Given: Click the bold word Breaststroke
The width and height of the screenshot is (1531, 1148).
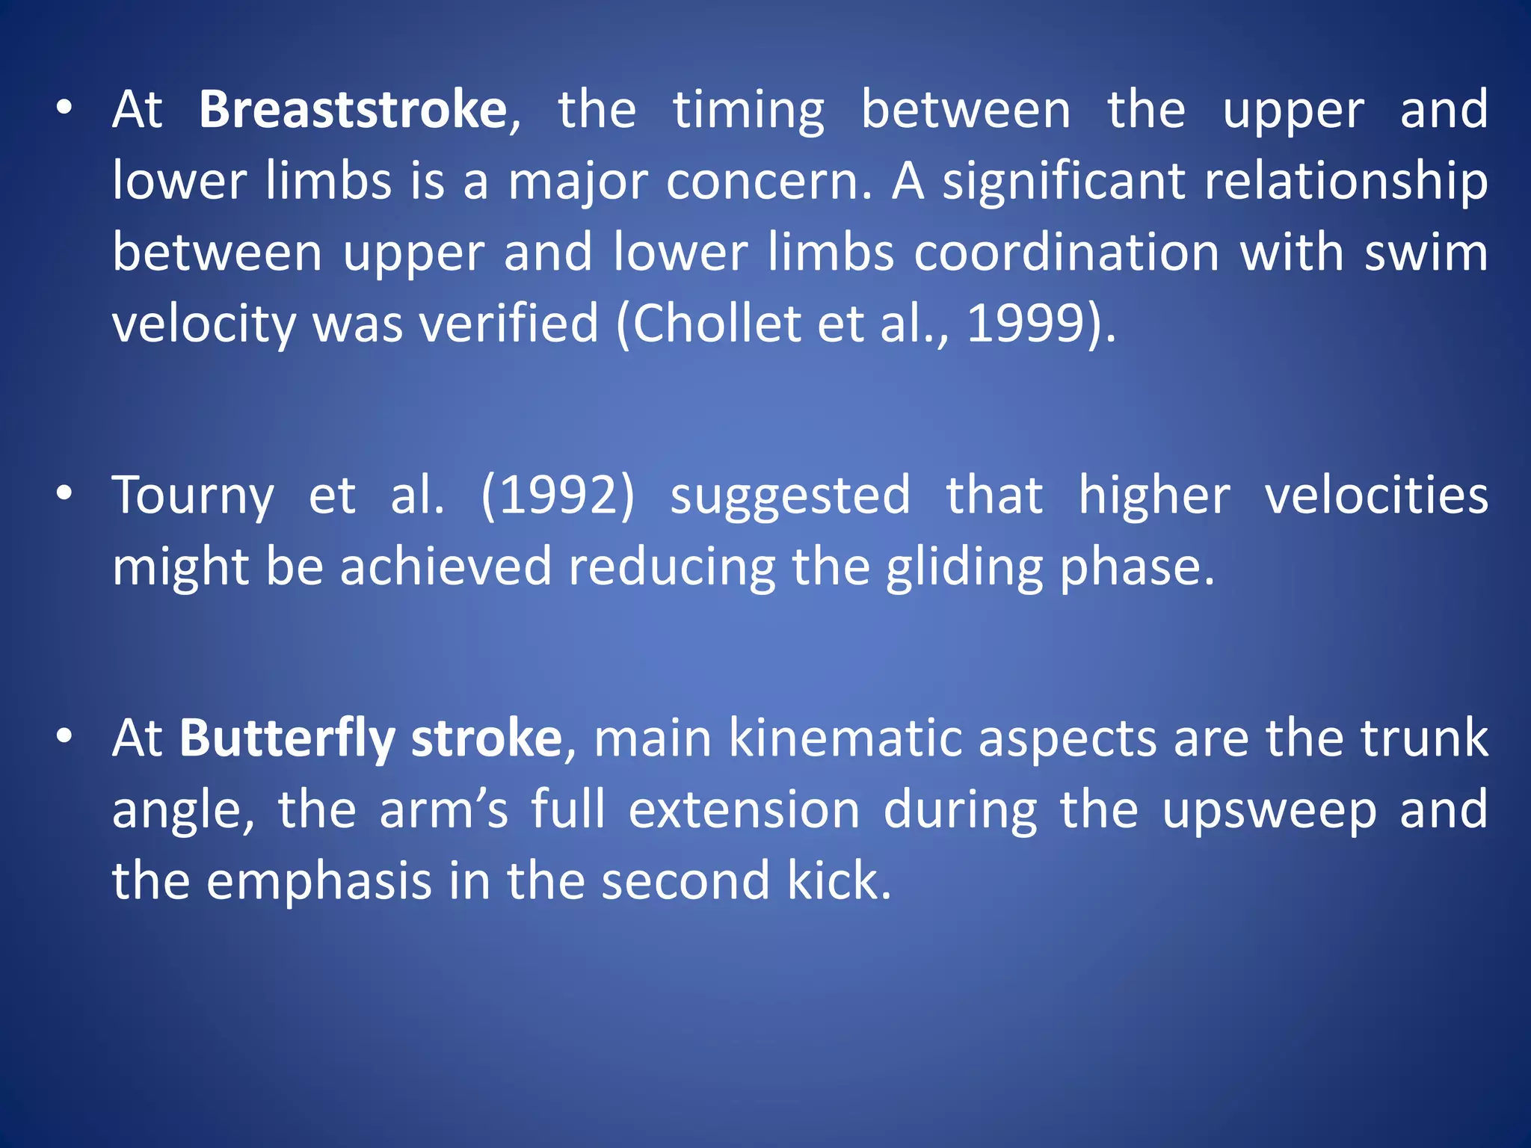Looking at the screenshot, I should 353,110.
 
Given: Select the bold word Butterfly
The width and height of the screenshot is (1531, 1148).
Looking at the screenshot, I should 286,738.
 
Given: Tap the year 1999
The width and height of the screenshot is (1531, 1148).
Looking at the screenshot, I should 1025,324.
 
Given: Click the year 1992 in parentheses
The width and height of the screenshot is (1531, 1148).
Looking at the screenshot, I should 558,496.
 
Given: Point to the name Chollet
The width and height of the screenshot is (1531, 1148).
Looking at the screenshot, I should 718,324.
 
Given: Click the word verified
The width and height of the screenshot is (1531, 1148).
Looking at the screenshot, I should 508,324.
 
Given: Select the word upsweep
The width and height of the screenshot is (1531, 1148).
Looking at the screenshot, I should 1269,811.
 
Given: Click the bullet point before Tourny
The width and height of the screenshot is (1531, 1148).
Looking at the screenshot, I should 65,493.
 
